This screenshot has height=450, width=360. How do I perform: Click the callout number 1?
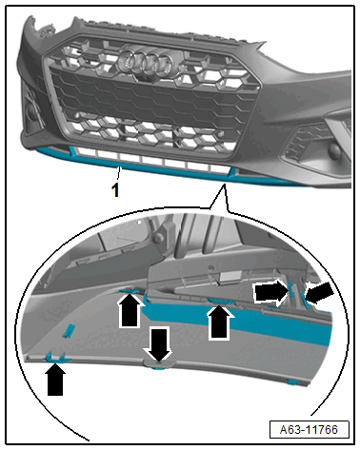point(115,190)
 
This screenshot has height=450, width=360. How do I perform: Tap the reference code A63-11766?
point(309,429)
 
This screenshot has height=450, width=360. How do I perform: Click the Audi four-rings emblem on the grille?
point(145,62)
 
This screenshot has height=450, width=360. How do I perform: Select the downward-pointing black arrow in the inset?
point(158,344)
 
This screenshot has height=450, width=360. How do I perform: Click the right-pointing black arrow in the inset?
point(270,292)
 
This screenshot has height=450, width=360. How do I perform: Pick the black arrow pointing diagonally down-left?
point(319,293)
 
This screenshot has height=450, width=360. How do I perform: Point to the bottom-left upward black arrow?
point(55,380)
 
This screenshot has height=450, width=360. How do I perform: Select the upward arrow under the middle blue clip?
point(219,322)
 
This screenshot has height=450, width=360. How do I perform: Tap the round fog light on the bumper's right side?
point(333,150)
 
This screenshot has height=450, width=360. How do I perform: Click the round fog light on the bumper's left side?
point(31,112)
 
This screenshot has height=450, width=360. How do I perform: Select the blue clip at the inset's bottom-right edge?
point(292,382)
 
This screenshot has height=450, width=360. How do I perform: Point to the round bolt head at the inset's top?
point(157,238)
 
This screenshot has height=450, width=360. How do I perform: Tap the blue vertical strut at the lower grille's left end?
point(72,150)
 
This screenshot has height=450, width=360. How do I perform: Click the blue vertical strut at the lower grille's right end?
point(233,172)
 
